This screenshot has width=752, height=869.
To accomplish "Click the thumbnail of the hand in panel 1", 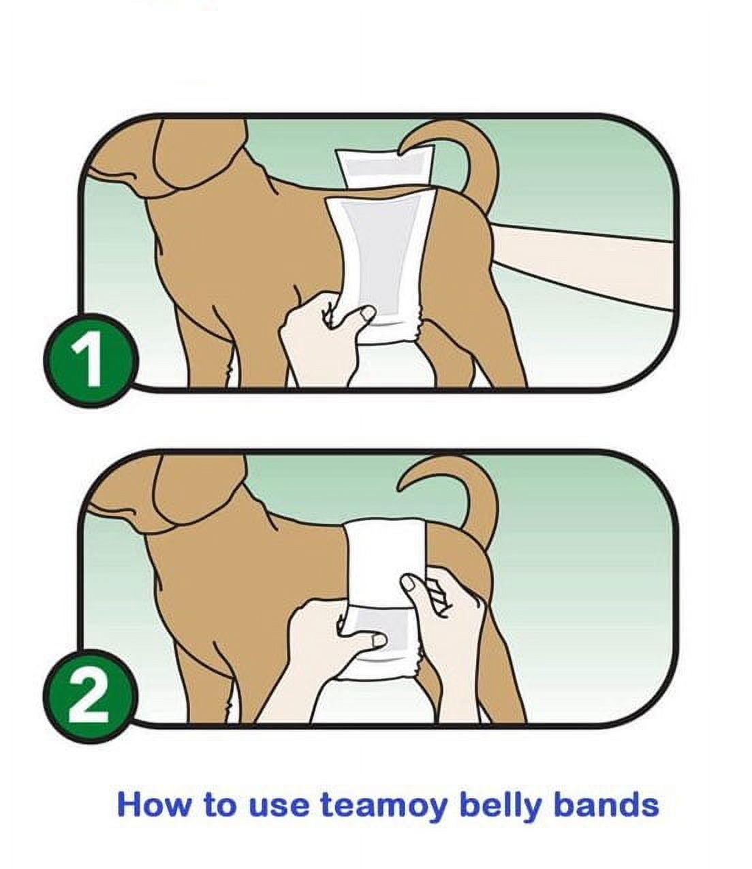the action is pyautogui.click(x=369, y=313).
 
